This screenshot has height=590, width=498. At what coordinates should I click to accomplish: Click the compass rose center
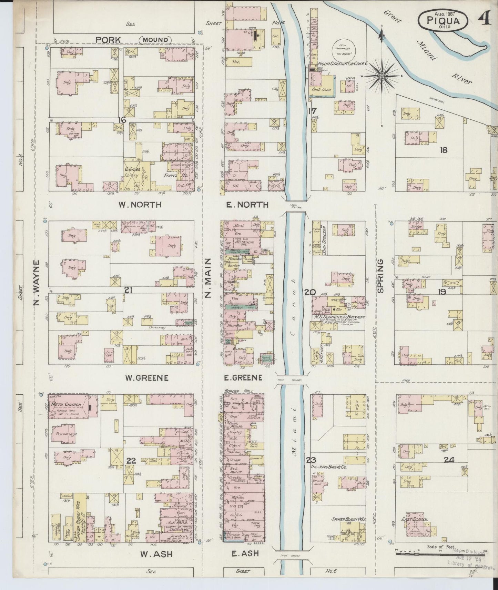tap(382, 75)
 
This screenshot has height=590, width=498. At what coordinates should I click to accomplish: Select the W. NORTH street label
tap(140, 205)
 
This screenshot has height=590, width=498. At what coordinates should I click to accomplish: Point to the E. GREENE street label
tap(243, 378)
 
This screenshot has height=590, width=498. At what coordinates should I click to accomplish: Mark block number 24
tap(449, 460)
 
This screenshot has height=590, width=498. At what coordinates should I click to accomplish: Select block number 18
tap(444, 150)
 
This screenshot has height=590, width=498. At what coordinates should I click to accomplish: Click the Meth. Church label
tap(67, 404)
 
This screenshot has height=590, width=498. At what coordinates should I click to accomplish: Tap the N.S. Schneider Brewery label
tap(339, 317)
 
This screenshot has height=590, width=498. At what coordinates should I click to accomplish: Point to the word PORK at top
tap(108, 40)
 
